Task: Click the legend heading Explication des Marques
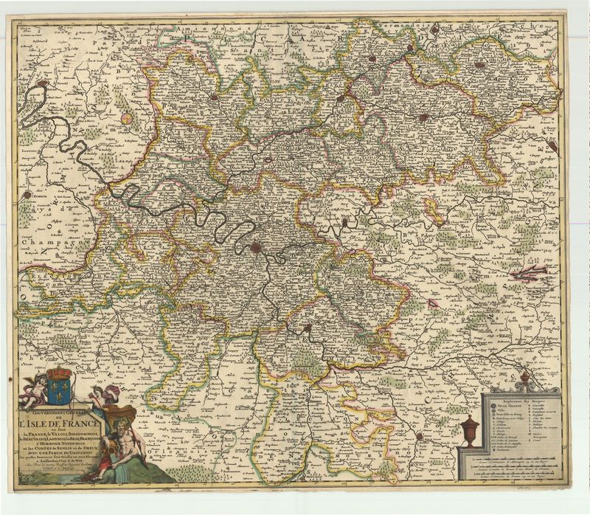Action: (x=524, y=398)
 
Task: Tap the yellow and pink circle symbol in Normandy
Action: (x=128, y=117)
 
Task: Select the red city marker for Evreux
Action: (x=27, y=195)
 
